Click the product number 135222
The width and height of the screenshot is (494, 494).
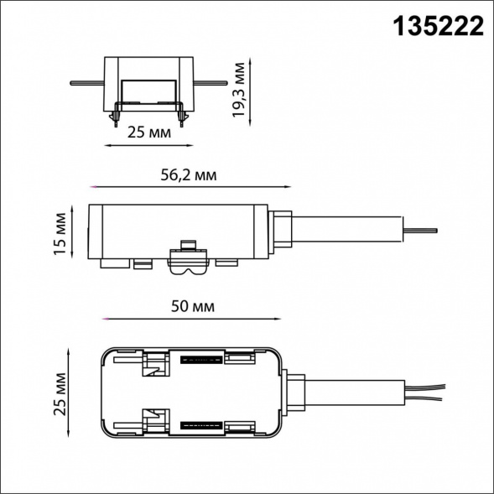(439, 27)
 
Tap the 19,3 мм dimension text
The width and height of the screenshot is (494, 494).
(238, 90)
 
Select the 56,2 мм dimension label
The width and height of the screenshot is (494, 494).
(189, 174)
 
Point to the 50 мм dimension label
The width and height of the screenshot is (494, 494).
(193, 306)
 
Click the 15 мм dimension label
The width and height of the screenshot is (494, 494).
(60, 234)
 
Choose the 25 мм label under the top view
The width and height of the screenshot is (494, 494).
(149, 133)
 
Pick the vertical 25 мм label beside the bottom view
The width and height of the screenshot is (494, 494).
(60, 394)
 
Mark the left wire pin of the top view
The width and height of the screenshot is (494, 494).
(87, 83)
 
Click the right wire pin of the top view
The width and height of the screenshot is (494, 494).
(211, 83)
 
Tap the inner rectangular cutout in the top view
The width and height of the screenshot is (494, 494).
(148, 91)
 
